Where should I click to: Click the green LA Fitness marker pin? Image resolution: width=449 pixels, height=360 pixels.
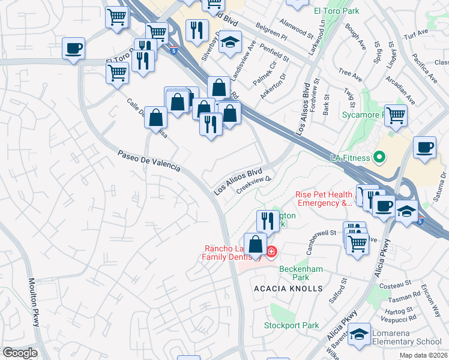[379, 158]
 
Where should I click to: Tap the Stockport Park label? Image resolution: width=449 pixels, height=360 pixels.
[292, 326]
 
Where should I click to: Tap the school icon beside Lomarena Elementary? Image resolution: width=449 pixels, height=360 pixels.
[360, 334]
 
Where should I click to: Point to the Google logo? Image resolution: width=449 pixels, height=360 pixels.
[20, 353]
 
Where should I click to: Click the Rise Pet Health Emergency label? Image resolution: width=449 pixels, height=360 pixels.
[324, 199]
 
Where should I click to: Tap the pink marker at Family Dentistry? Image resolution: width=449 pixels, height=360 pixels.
[271, 251]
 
